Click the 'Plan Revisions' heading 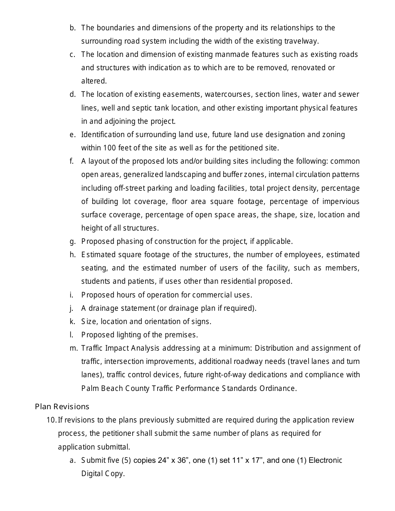pos(62,406)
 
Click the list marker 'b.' pos(73,28)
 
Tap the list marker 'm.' pos(73,348)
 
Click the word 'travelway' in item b pos(302,41)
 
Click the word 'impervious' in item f pos(341,201)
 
